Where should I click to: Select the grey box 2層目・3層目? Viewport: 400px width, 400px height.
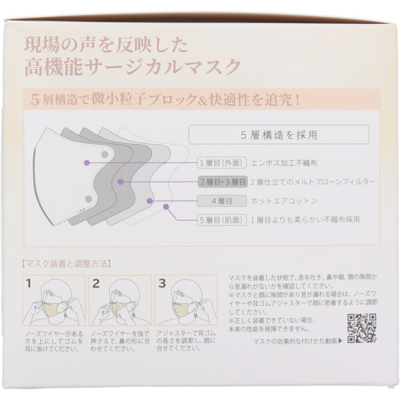(223, 182)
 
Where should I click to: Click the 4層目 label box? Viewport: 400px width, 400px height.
(222, 201)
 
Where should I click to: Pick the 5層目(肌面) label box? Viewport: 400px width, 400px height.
(222, 220)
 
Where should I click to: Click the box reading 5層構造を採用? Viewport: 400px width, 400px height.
(279, 135)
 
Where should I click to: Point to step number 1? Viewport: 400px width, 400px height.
(28, 284)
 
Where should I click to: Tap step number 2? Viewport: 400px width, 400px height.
(96, 284)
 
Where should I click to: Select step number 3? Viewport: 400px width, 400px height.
(162, 284)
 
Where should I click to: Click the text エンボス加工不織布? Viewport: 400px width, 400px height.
(284, 163)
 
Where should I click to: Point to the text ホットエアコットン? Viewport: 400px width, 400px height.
(284, 201)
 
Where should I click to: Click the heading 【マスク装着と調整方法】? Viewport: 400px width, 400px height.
(66, 264)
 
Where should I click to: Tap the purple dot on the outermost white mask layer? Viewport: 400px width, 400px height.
(87, 162)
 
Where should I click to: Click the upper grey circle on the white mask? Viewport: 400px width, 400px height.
(105, 154)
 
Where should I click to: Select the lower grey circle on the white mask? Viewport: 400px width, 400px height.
(88, 199)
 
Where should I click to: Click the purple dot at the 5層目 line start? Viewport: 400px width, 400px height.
(166, 206)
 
